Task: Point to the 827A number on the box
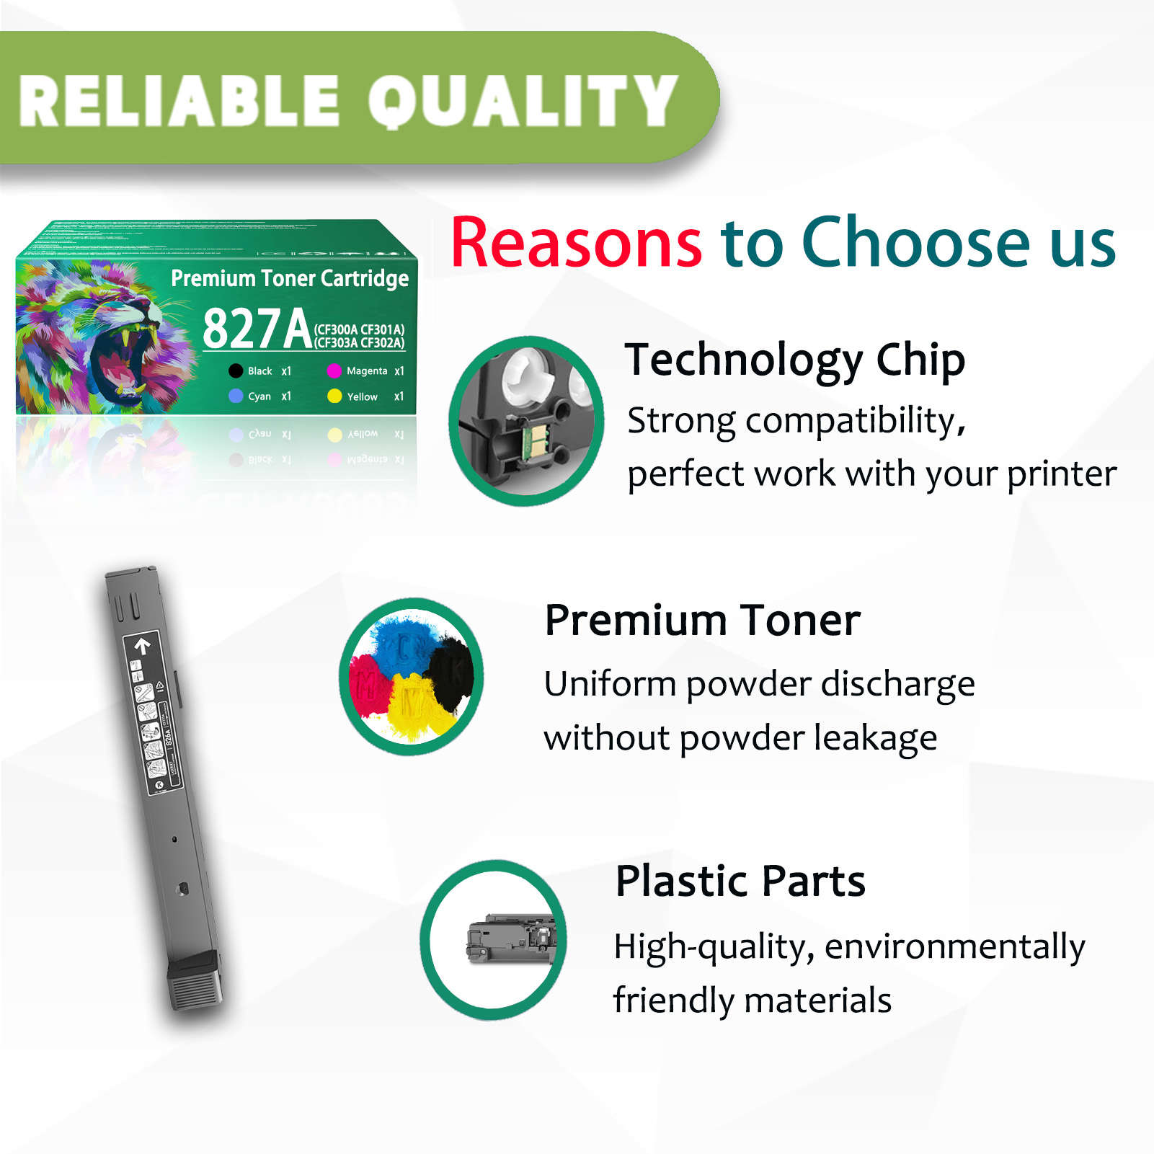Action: pyautogui.click(x=257, y=329)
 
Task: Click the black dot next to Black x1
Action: pyautogui.click(x=236, y=371)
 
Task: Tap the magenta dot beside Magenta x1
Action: pyautogui.click(x=334, y=371)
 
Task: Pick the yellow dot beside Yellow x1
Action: pyautogui.click(x=334, y=396)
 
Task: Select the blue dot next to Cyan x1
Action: pyautogui.click(x=236, y=396)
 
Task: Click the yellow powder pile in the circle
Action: pyautogui.click(x=414, y=706)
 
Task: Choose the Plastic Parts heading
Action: pyautogui.click(x=740, y=881)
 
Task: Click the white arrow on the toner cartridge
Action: pyautogui.click(x=142, y=645)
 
